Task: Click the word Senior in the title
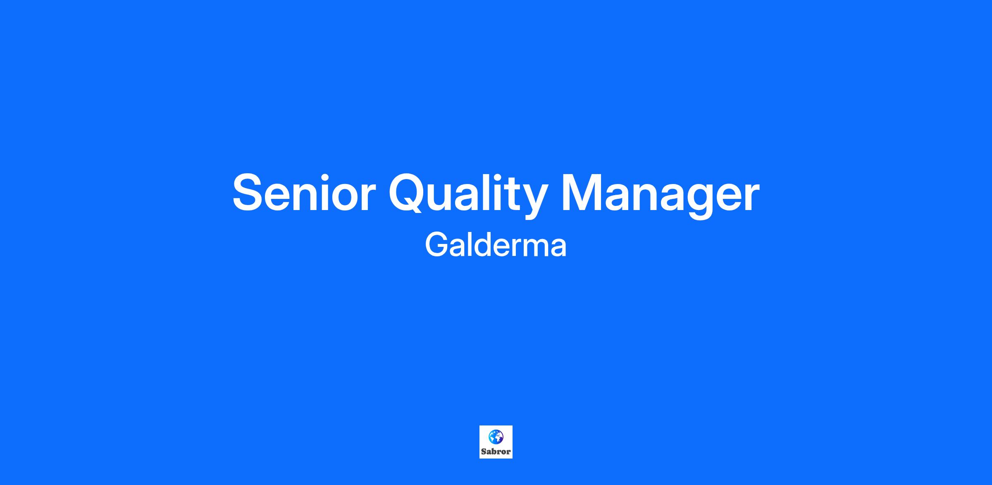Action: (304, 193)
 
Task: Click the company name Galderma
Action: (496, 245)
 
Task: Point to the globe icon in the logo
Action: (496, 437)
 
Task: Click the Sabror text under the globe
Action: (496, 452)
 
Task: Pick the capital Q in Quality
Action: (409, 193)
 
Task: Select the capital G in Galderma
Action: (436, 245)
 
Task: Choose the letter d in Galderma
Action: (487, 245)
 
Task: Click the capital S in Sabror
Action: (483, 452)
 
